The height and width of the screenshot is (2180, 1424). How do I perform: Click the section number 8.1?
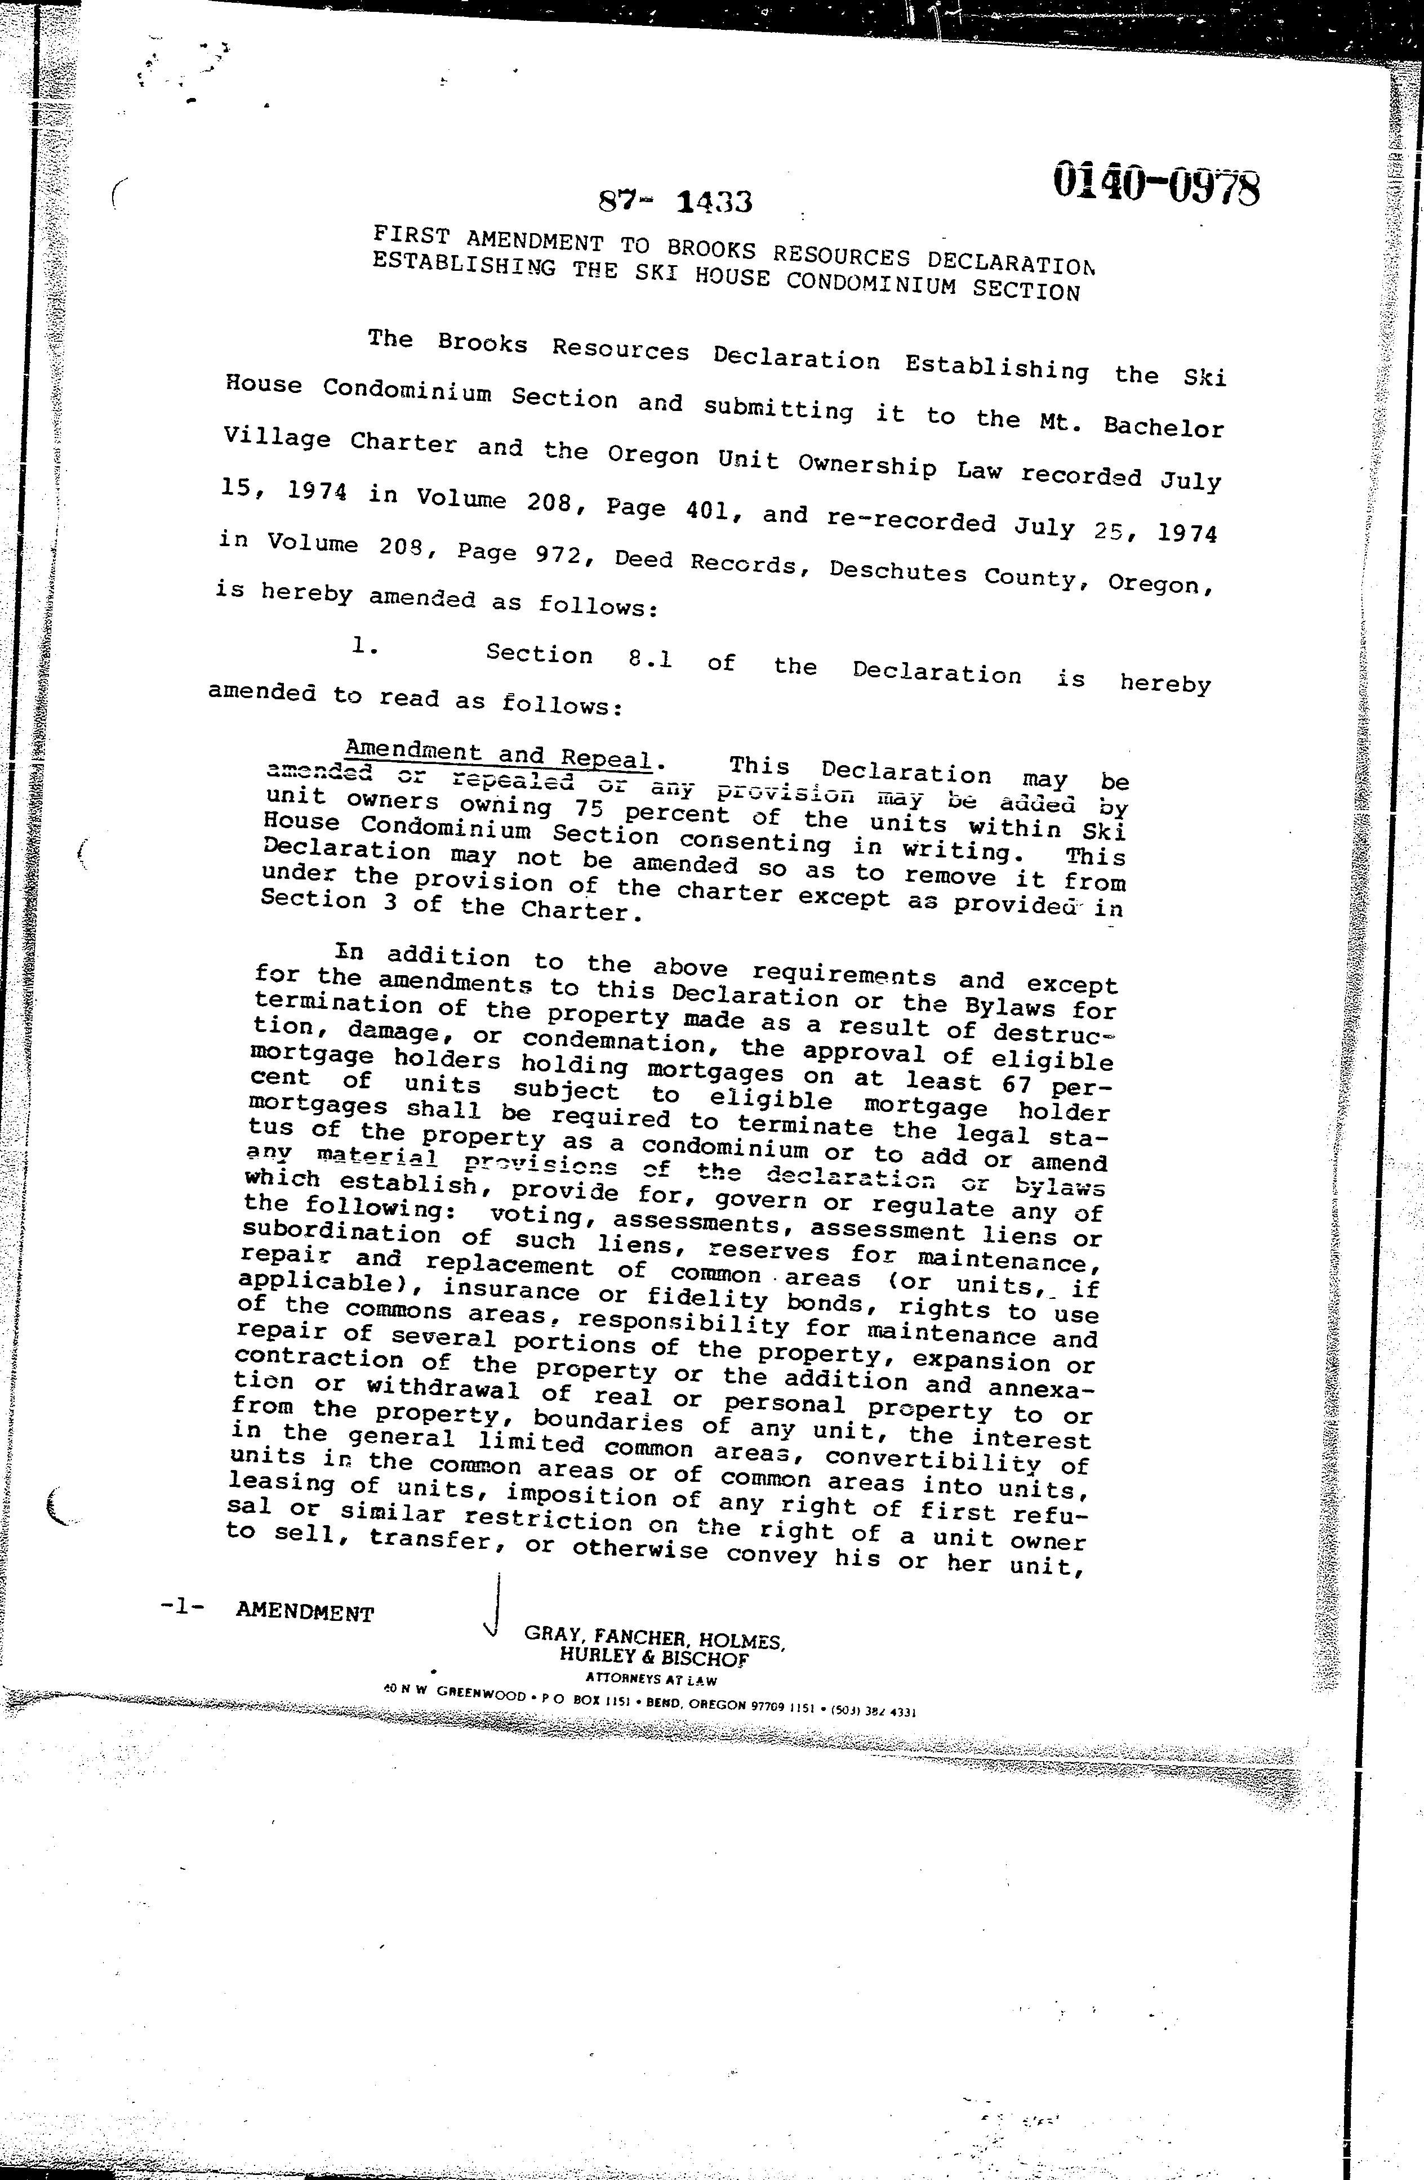[x=649, y=658]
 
